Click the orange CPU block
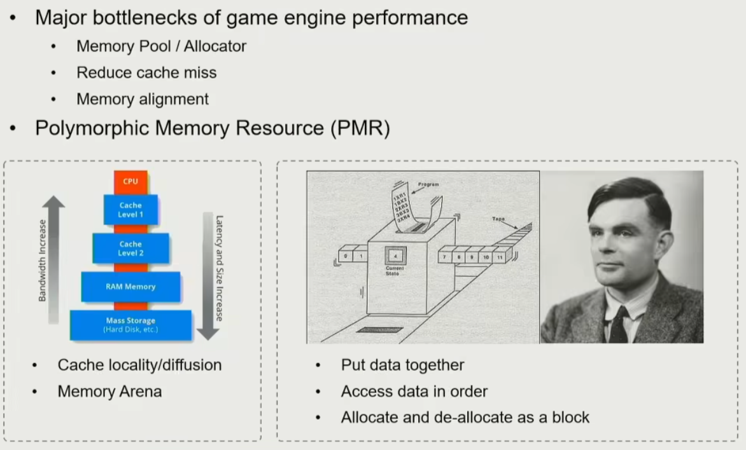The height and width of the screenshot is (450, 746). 130,181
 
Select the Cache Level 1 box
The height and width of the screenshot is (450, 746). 130,210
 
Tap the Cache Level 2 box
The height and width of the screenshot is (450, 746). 130,249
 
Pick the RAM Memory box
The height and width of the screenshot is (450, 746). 130,287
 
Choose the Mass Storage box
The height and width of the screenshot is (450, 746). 130,325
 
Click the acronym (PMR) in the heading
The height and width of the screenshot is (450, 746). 360,128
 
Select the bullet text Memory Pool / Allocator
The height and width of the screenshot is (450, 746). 161,46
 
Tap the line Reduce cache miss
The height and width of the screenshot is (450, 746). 146,73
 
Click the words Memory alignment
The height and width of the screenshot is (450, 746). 143,99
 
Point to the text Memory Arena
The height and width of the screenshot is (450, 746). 109,392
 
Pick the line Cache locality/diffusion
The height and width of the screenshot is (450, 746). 139,365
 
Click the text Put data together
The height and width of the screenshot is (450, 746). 402,365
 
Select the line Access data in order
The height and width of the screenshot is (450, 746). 414,391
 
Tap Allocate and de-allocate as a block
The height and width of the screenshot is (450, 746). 465,418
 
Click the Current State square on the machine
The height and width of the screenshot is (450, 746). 395,258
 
